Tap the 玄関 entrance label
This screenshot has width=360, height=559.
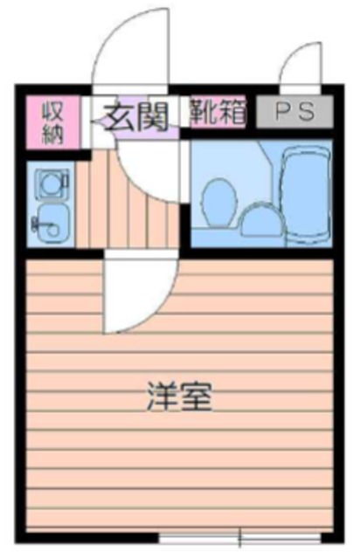pos(135,114)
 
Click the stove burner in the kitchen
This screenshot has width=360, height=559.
pos(50,182)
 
